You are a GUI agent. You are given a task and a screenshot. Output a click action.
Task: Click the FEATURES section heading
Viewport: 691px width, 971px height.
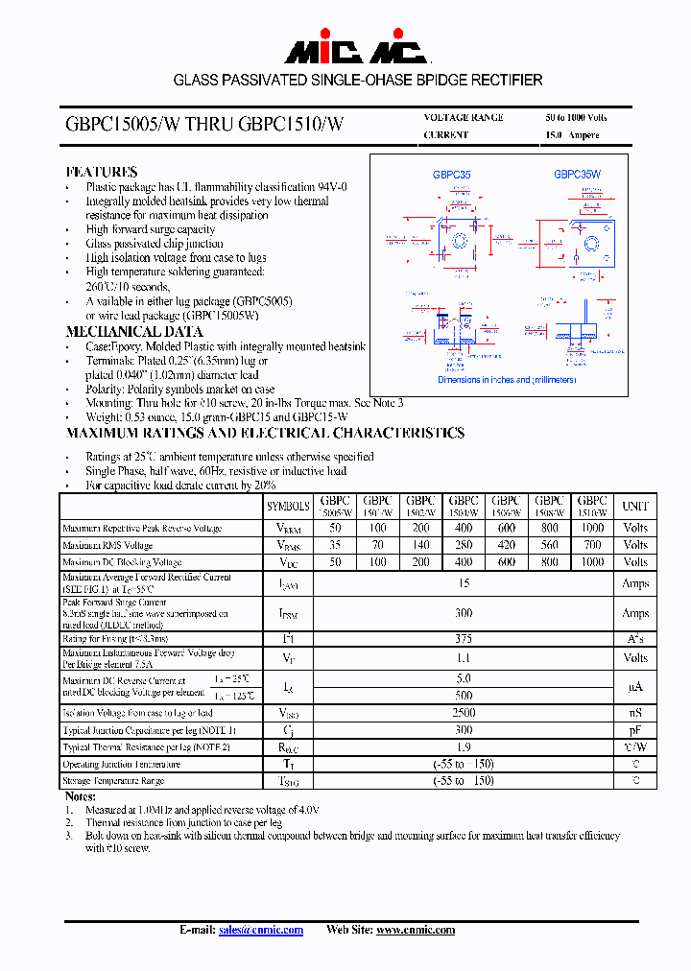pos(101,172)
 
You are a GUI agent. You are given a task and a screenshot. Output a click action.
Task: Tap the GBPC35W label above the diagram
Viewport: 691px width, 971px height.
pos(577,175)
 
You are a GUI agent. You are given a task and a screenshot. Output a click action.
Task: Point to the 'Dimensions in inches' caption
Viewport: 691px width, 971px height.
pos(507,380)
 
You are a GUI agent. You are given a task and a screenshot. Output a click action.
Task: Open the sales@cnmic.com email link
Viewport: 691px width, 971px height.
pos(260,930)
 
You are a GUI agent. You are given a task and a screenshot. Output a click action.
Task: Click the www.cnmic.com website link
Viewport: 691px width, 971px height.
pos(415,930)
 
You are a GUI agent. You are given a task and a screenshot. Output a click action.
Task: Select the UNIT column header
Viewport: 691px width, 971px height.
pos(635,506)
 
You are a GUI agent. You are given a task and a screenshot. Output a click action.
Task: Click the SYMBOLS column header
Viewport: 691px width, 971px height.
pos(288,506)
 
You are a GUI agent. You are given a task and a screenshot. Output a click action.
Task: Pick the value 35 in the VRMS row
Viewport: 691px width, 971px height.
pos(335,545)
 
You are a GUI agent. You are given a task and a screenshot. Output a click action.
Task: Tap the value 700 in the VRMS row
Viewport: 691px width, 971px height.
pos(592,545)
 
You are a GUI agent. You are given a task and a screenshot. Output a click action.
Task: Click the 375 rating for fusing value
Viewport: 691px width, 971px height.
pos(464,638)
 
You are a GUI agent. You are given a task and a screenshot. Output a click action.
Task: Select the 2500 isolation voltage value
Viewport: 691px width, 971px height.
pos(464,713)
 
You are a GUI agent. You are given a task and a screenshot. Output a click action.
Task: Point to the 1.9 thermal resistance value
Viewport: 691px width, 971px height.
pos(464,747)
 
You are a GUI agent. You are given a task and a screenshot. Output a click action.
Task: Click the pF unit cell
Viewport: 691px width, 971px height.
pos(635,730)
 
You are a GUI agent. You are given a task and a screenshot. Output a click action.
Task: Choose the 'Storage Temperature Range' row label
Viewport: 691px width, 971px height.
pos(113,781)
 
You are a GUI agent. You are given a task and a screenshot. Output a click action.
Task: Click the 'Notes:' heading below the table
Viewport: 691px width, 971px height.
pos(81,796)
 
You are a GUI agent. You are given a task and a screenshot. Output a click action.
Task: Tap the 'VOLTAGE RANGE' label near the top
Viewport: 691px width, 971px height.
pos(464,117)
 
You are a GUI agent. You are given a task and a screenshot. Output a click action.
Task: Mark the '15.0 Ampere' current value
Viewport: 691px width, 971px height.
pos(572,135)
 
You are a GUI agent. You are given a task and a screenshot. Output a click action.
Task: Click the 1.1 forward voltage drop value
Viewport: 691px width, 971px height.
pos(464,658)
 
